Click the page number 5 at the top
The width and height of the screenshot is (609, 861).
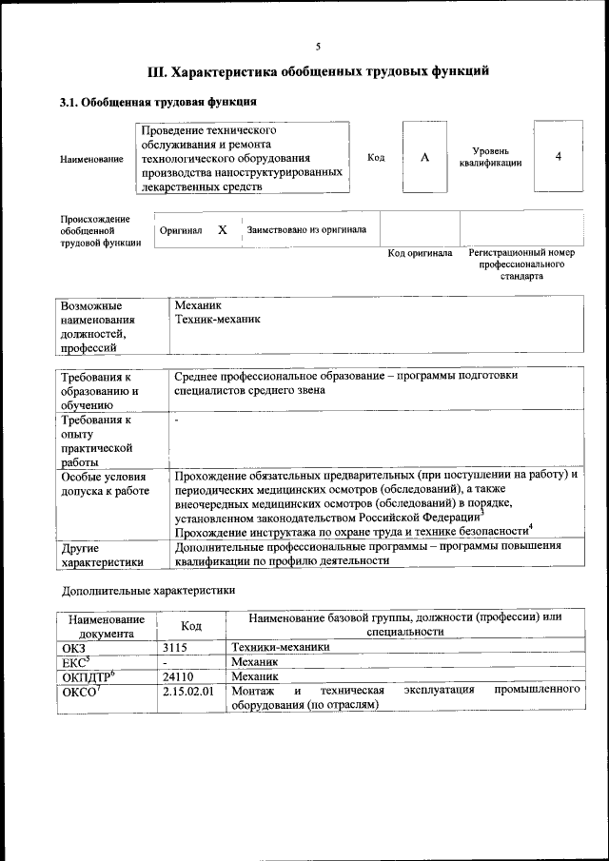(319, 46)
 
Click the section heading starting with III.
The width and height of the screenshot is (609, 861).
(319, 71)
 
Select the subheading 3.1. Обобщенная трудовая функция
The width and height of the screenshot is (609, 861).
(157, 102)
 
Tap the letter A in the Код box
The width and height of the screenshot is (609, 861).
(424, 157)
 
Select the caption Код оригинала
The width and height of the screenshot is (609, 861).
(420, 254)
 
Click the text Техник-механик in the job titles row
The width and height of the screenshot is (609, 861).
(217, 321)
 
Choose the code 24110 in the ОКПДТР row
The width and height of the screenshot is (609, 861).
(181, 676)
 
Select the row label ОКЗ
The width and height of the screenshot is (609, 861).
(73, 647)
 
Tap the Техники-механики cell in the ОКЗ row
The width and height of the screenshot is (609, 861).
(281, 647)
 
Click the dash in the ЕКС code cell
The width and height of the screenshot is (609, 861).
(167, 661)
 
